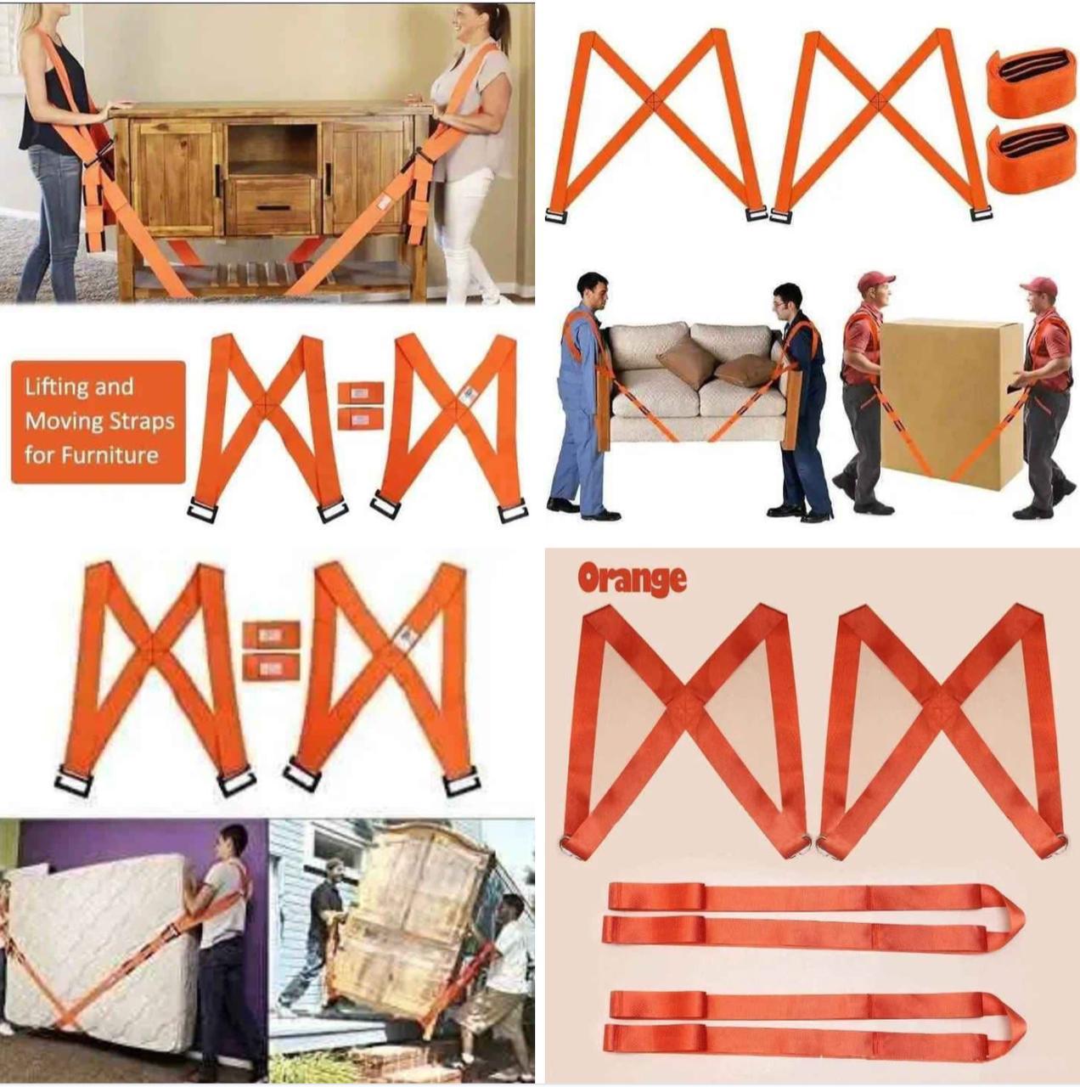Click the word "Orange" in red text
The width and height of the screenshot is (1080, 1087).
click(632, 579)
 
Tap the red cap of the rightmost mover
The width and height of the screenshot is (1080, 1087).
click(1039, 286)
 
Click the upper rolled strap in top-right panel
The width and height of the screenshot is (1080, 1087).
click(1031, 82)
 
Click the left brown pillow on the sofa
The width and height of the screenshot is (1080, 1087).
click(688, 361)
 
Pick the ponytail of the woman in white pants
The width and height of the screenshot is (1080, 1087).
click(501, 25)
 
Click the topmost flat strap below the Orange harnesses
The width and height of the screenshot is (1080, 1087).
click(815, 898)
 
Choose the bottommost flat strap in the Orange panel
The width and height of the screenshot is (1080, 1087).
click(815, 1038)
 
